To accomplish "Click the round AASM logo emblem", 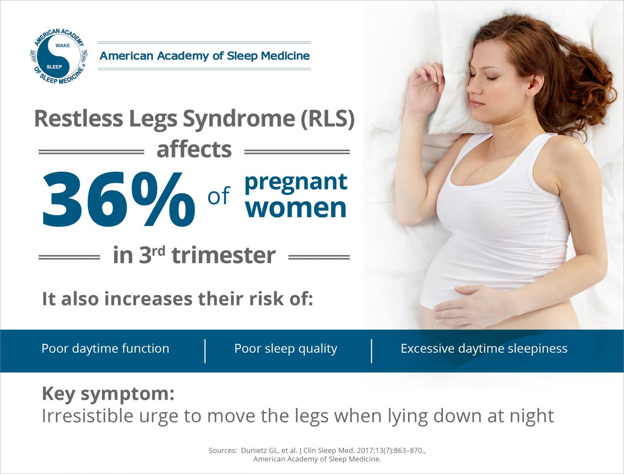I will pos(58,56).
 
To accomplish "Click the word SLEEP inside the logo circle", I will pos(54,67).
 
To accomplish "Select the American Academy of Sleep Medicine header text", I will pos(205,56).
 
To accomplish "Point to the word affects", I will pos(194,149).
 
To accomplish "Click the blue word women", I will pos(296,208).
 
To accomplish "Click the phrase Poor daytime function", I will pos(105,349).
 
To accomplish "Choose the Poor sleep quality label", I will pos(286,349).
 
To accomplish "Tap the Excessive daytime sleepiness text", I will pos(484,349).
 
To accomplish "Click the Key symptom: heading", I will pos(108,393).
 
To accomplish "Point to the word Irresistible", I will pos(87,416).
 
